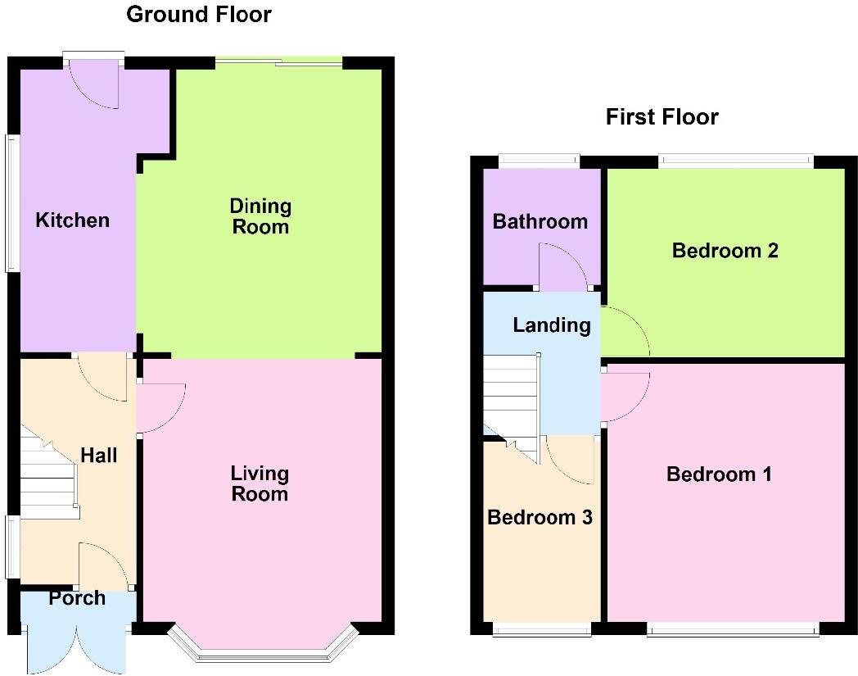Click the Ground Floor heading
click(198, 15)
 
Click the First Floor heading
click(662, 117)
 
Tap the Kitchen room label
click(72, 220)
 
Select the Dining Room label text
click(260, 216)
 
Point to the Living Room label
click(260, 483)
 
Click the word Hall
click(99, 456)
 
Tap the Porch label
click(77, 598)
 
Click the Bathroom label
click(540, 221)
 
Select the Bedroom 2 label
click(725, 251)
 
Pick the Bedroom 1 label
click(719, 474)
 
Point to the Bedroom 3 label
click(540, 518)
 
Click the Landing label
click(551, 325)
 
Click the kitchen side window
click(11, 202)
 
